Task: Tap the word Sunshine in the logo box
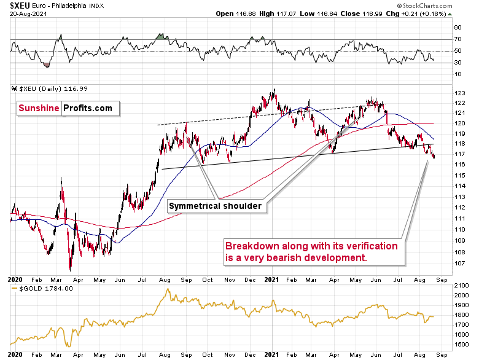37,108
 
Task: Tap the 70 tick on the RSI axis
458,39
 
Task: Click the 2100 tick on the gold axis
461,286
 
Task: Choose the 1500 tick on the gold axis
461,344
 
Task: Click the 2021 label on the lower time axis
270,356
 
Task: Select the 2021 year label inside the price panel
270,278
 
